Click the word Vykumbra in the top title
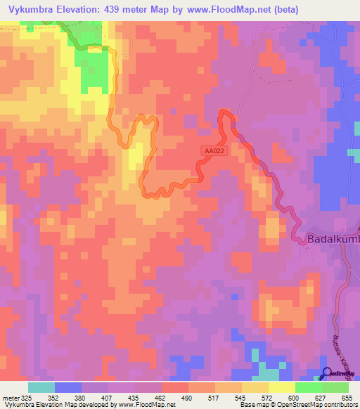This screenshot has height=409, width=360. [x=30, y=10]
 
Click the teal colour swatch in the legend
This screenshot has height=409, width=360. [x=41, y=387]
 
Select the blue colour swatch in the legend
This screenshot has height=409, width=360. [x=68, y=387]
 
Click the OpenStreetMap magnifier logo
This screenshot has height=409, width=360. [x=328, y=375]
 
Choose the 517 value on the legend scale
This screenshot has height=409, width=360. [x=214, y=397]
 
